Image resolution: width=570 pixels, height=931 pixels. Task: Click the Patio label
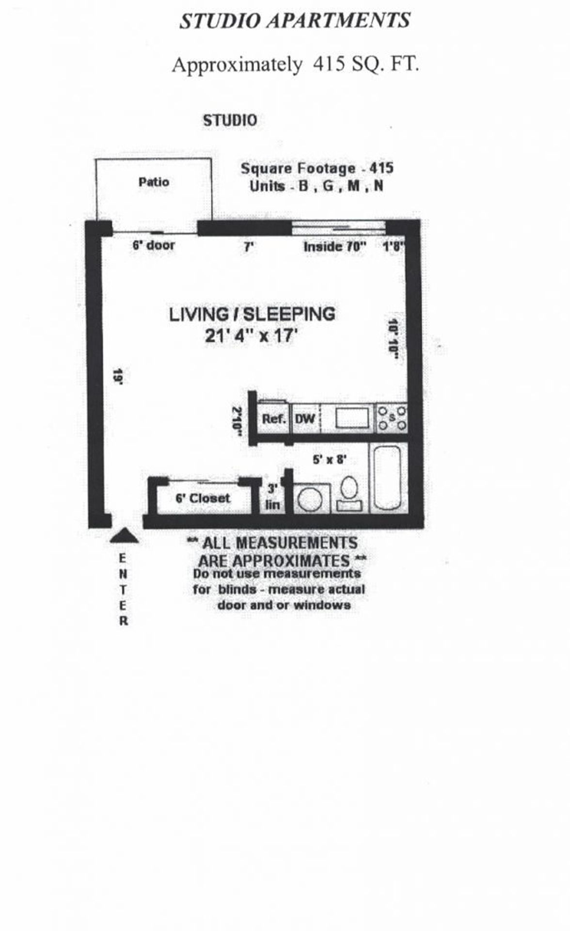click(x=154, y=182)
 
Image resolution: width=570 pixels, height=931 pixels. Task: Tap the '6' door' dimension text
click(x=154, y=245)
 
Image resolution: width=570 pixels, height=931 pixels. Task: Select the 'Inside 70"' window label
click(x=334, y=247)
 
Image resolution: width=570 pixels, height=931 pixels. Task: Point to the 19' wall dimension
click(x=117, y=376)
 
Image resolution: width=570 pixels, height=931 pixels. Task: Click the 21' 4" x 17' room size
click(x=251, y=336)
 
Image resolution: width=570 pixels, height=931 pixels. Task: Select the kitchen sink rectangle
click(x=352, y=418)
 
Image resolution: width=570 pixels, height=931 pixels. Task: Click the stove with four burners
click(x=392, y=418)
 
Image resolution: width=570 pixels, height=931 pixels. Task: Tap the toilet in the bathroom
click(x=349, y=493)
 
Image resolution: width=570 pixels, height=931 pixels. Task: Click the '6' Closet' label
click(x=203, y=498)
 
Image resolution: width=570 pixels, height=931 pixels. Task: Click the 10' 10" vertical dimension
click(x=393, y=338)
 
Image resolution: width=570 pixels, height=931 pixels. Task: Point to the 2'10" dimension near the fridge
click(x=237, y=421)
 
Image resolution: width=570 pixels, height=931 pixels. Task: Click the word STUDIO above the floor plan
click(x=230, y=120)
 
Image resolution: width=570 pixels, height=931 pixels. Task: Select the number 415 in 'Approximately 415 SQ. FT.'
click(x=329, y=64)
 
